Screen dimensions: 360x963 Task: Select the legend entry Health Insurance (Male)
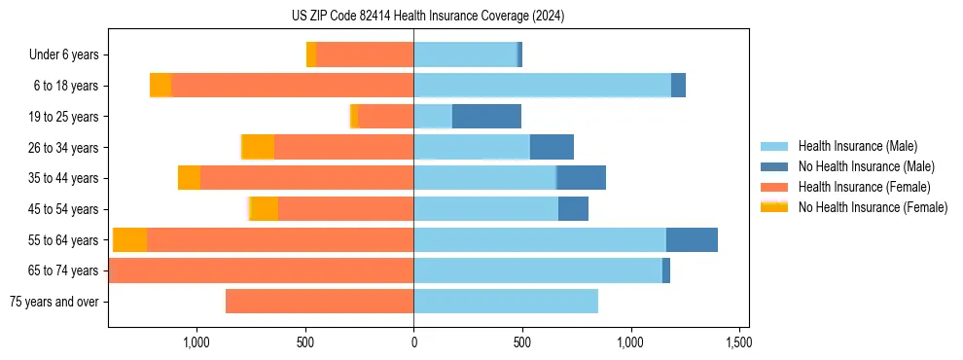[857, 146]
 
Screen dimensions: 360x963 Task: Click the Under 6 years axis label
[63, 54]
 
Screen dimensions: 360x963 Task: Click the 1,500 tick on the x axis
[738, 342]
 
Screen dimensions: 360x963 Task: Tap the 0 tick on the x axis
[413, 342]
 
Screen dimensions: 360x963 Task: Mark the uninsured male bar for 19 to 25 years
[486, 117]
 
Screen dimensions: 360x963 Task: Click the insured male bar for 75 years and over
[506, 302]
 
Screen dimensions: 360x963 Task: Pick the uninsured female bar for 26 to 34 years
[258, 147]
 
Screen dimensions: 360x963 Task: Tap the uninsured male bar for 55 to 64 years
[692, 239]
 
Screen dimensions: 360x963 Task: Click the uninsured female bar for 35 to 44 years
[190, 178]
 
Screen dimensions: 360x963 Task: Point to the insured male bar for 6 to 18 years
[542, 86]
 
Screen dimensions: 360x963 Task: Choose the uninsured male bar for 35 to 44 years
[581, 178]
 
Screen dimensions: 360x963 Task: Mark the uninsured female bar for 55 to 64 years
[130, 239]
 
